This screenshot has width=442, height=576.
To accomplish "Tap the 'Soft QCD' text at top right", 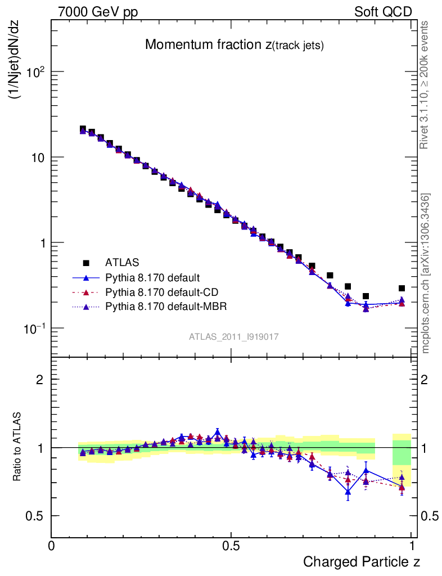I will pos(383,12).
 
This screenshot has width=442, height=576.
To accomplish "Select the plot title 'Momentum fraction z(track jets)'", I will pos(234,45).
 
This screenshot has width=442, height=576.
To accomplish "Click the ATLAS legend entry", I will pos(121,262).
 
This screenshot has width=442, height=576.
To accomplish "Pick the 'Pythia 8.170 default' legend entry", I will pos(152,277).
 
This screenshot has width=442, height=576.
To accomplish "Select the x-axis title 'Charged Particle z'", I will pos(362,561).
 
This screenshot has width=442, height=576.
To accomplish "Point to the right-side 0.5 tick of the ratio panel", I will pos(428,516).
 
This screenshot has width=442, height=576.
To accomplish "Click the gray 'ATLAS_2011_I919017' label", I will pos(234,336).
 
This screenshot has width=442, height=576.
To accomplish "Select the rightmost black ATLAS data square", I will pos(402,289).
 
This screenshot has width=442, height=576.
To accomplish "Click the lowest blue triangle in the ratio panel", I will pos(348,492).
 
